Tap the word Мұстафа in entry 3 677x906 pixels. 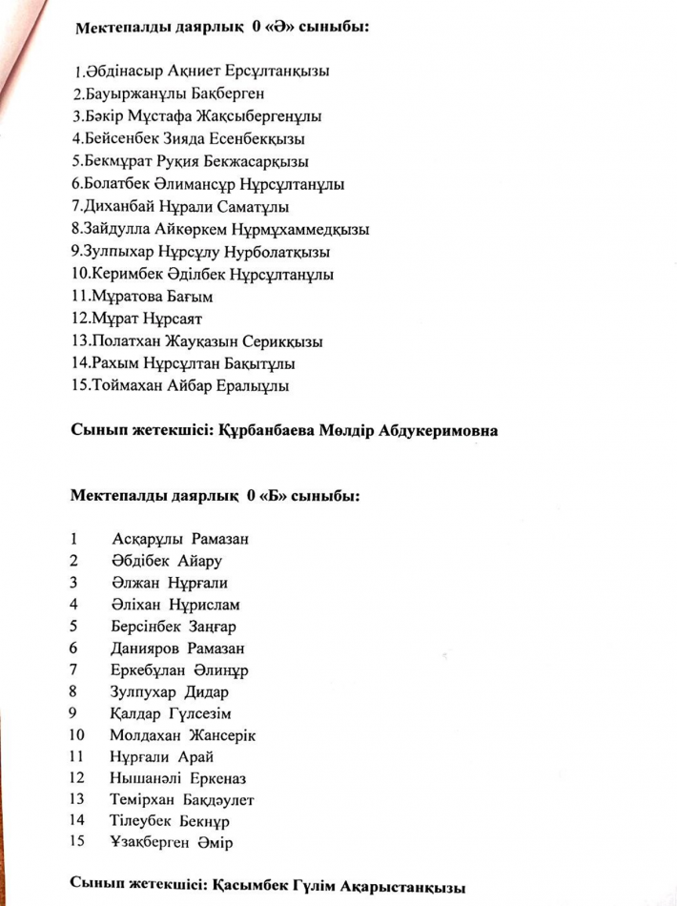(x=168, y=116)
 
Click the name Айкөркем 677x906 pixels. (x=199, y=230)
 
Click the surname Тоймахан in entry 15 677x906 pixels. (x=127, y=387)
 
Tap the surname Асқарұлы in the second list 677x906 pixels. (x=146, y=540)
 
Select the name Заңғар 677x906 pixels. (x=213, y=628)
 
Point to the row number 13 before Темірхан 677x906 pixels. (x=77, y=799)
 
